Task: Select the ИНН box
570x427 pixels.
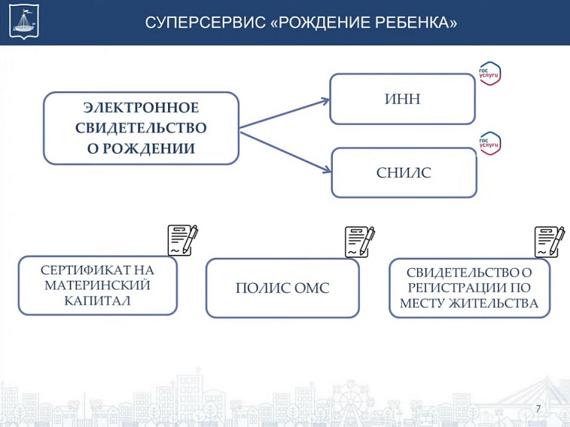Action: click(x=402, y=99)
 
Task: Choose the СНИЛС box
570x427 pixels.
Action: click(x=403, y=173)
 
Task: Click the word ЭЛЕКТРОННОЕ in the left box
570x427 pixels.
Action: click(x=141, y=109)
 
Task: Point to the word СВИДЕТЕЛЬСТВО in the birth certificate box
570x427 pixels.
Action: click(x=141, y=128)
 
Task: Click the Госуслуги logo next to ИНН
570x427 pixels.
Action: click(x=490, y=74)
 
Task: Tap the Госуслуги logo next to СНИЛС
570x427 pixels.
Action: click(x=490, y=143)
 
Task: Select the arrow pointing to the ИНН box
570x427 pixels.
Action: click(x=285, y=112)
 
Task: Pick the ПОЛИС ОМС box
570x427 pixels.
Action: click(x=282, y=288)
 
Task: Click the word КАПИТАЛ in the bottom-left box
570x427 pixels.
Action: click(x=97, y=300)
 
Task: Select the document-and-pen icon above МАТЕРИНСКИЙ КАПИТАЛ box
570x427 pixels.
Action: click(x=182, y=240)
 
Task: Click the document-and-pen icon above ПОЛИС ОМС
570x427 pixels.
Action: click(x=359, y=242)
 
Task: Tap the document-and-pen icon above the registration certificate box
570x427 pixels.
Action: click(x=550, y=241)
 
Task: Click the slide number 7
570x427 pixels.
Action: click(x=538, y=408)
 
